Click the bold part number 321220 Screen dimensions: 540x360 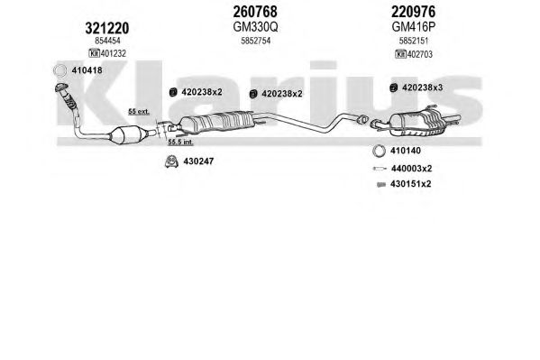click(107, 28)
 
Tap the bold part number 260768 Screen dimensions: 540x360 click(255, 12)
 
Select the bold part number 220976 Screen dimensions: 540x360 click(413, 12)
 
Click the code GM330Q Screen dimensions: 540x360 click(255, 27)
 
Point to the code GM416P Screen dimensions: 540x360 click(414, 27)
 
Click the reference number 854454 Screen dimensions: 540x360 click(107, 41)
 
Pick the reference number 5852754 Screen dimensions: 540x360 click(255, 41)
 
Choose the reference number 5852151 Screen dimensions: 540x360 click(414, 41)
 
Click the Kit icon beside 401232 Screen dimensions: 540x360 click(94, 53)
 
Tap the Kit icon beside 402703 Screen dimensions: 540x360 click(400, 54)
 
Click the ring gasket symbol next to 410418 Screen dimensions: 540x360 click(59, 70)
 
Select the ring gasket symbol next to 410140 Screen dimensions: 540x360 click(380, 151)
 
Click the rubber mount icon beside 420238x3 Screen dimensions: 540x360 click(393, 88)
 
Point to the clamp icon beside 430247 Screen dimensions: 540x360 click(171, 162)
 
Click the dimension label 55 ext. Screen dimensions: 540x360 click(139, 112)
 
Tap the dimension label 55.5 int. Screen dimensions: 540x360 click(181, 142)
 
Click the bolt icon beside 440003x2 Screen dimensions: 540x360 click(380, 169)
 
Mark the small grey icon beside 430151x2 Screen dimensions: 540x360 click(381, 185)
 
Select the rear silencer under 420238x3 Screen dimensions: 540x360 click(416, 122)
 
